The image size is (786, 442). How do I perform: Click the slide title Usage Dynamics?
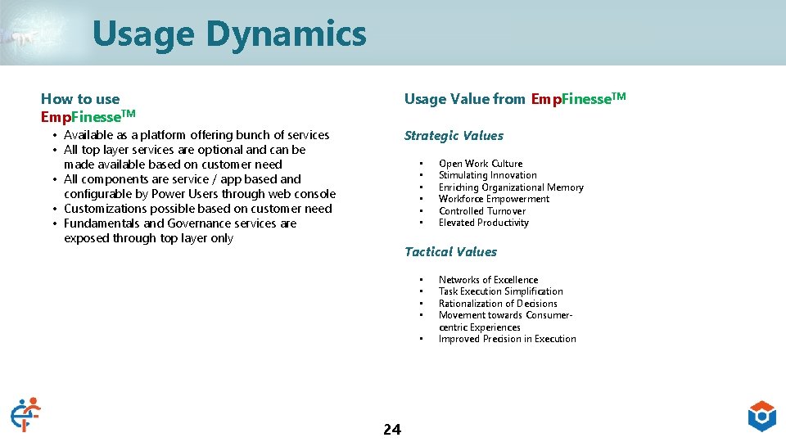pyautogui.click(x=229, y=34)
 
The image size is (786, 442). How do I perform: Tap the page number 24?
pyautogui.click(x=392, y=430)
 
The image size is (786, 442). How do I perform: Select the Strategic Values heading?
pyautogui.click(x=454, y=136)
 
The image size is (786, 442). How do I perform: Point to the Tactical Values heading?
pyautogui.click(x=450, y=252)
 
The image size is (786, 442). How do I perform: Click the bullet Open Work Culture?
pyautogui.click(x=480, y=164)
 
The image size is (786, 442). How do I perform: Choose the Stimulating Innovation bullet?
pyautogui.click(x=487, y=175)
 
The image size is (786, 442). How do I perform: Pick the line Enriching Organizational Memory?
pyautogui.click(x=511, y=187)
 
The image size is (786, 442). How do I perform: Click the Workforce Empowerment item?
pyautogui.click(x=494, y=199)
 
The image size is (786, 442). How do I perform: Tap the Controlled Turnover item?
pyautogui.click(x=481, y=211)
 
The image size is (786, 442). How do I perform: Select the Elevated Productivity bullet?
pyautogui.click(x=483, y=223)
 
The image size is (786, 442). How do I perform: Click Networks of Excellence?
pyautogui.click(x=488, y=280)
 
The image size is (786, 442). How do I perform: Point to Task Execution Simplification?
pyautogui.click(x=500, y=291)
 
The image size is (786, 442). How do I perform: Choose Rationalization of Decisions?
pyautogui.click(x=498, y=304)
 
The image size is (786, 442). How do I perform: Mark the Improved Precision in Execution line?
pyautogui.click(x=507, y=339)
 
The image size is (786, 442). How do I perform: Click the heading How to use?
pyautogui.click(x=80, y=100)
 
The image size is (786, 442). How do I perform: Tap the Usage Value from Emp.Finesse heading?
pyautogui.click(x=514, y=99)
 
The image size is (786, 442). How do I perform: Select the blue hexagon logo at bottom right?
pyautogui.click(x=761, y=416)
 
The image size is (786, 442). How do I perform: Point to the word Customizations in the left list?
pyautogui.click(x=105, y=209)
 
